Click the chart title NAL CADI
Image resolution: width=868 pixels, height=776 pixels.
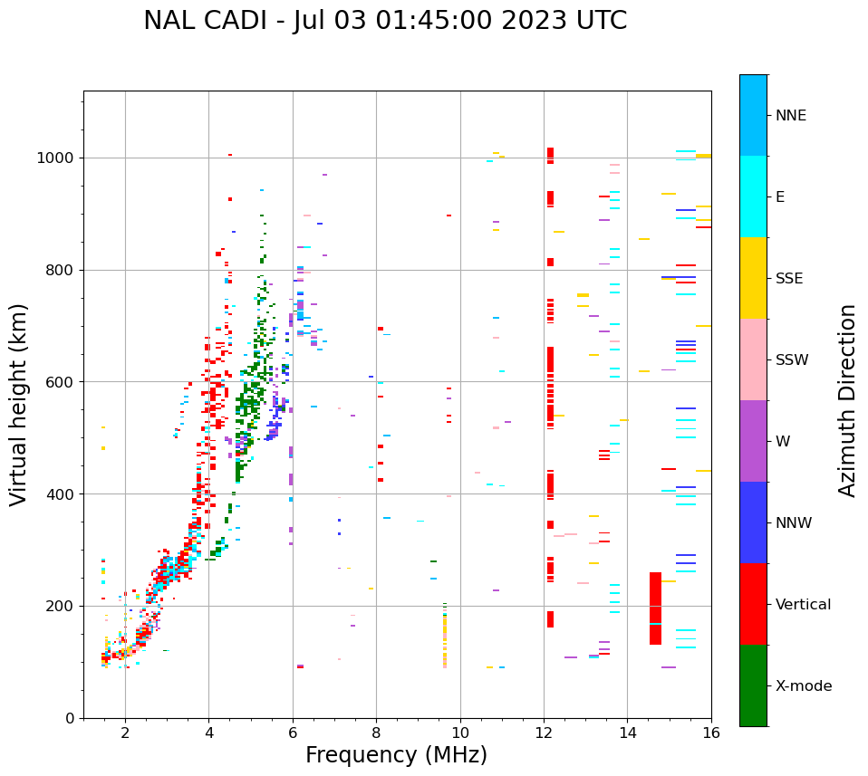(385, 21)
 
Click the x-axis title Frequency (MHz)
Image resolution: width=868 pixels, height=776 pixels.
(396, 755)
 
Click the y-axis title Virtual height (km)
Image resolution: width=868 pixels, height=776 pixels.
(19, 404)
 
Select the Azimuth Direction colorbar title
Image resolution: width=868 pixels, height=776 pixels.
(847, 400)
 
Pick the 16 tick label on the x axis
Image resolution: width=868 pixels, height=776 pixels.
(711, 733)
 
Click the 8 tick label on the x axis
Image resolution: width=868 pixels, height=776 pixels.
(376, 733)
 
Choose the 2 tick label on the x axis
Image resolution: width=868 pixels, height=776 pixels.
(125, 733)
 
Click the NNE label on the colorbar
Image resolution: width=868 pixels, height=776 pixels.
(790, 116)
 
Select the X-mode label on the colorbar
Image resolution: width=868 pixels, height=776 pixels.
(803, 686)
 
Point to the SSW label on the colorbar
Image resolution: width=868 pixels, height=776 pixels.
(791, 360)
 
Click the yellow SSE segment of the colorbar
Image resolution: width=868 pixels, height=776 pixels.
(753, 278)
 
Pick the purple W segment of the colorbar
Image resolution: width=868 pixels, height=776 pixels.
(753, 441)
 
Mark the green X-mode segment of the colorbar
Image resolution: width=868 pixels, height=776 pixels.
(753, 685)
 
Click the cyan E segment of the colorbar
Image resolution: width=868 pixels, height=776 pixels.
(753, 196)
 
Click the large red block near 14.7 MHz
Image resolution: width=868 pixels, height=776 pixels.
(655, 608)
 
